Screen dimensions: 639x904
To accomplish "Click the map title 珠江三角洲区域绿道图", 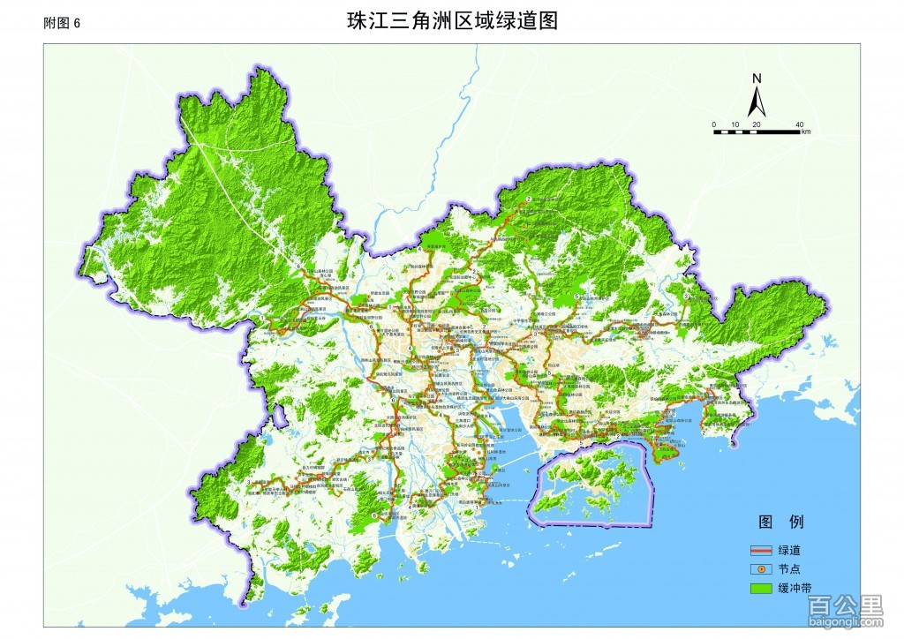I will pos(451,21).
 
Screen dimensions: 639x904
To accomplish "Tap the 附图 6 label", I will pos(62,24).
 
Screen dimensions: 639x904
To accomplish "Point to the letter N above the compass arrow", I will pos(757,78).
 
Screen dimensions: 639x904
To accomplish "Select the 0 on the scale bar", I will pos(714,124).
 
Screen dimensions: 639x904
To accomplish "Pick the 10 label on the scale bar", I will pos(734,124).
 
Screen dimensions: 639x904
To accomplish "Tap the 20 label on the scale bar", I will pos(756,124).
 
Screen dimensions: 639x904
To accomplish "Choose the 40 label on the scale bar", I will pos(799,124).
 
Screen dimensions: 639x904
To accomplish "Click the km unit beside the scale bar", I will pos(806,132).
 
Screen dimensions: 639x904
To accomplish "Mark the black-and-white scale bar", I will pos(757,132).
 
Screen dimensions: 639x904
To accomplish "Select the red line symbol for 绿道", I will pos(762,550).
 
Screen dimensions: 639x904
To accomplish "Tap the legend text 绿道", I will pos(790,550).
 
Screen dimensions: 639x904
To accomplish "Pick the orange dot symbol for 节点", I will pos(762,569).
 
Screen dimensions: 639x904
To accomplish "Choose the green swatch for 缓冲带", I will pos(762,589).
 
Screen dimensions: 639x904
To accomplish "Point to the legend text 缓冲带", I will pos(795,589).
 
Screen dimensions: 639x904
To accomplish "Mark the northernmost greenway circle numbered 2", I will pos(528,199).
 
